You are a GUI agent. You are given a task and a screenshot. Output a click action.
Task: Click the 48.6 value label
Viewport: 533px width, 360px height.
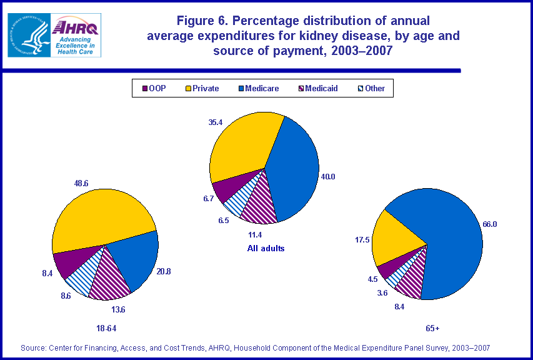(x=82, y=183)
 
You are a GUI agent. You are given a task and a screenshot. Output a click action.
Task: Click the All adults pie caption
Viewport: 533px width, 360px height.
(x=265, y=248)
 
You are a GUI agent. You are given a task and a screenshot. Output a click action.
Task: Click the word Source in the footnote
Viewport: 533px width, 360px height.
(x=34, y=347)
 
